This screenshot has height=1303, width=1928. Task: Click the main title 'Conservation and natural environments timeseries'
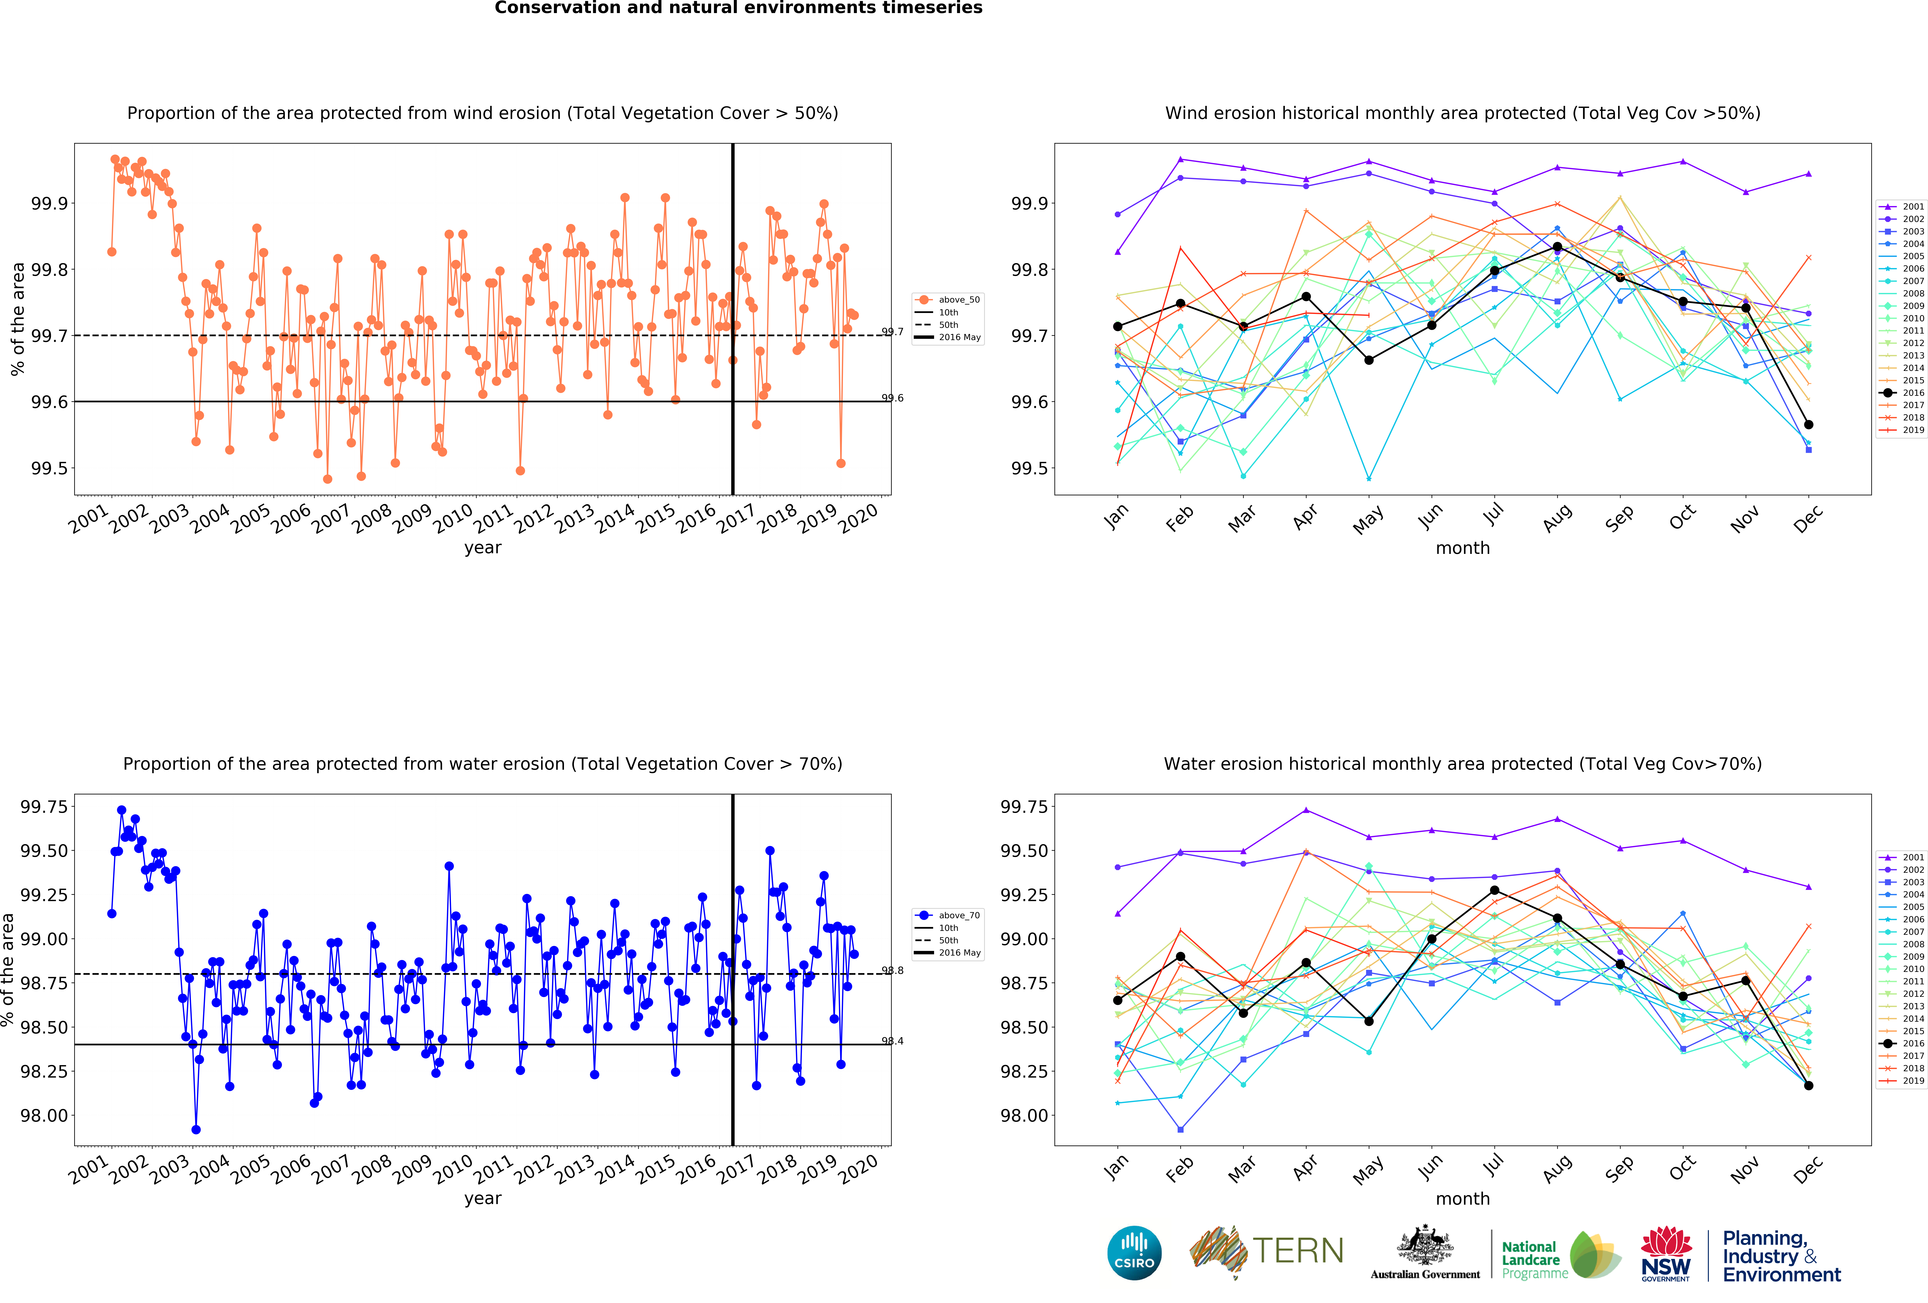point(738,8)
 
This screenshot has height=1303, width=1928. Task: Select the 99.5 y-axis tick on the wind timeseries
point(50,468)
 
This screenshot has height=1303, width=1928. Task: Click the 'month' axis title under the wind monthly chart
point(1463,548)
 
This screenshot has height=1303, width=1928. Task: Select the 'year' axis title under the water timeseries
point(483,1198)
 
